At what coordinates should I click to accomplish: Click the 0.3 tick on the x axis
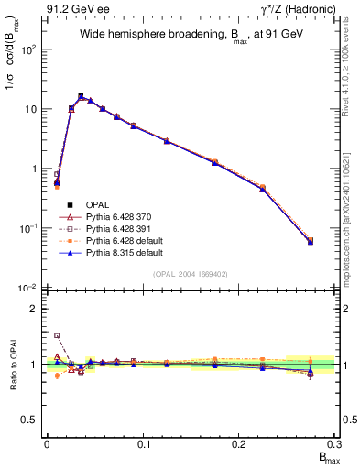click(335, 444)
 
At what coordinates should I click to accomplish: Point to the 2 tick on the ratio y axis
click(36, 309)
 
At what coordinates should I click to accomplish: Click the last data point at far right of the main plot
click(311, 242)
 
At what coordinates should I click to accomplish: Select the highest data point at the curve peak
click(81, 95)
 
